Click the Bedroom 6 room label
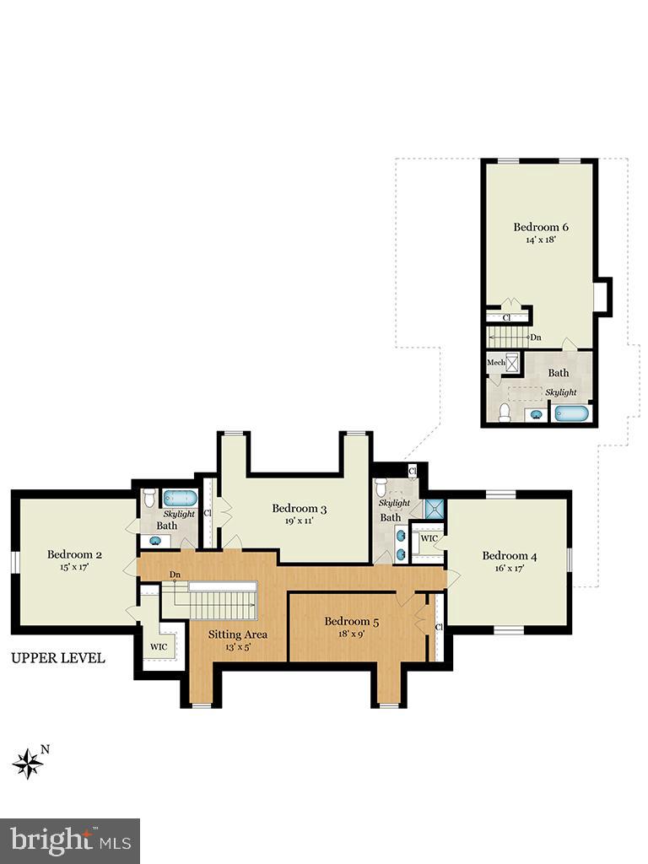541,227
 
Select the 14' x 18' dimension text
541,240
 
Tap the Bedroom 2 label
74,554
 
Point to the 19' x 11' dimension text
299,521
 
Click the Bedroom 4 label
510,555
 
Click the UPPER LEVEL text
58,658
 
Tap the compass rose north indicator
29,762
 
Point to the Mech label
495,363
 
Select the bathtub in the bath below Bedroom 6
572,413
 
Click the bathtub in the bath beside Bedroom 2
179,498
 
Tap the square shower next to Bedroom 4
435,508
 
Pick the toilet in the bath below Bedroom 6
505,412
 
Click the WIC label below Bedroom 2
159,647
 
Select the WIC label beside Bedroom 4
429,537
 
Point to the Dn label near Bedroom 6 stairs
536,337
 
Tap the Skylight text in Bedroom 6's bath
560,392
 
